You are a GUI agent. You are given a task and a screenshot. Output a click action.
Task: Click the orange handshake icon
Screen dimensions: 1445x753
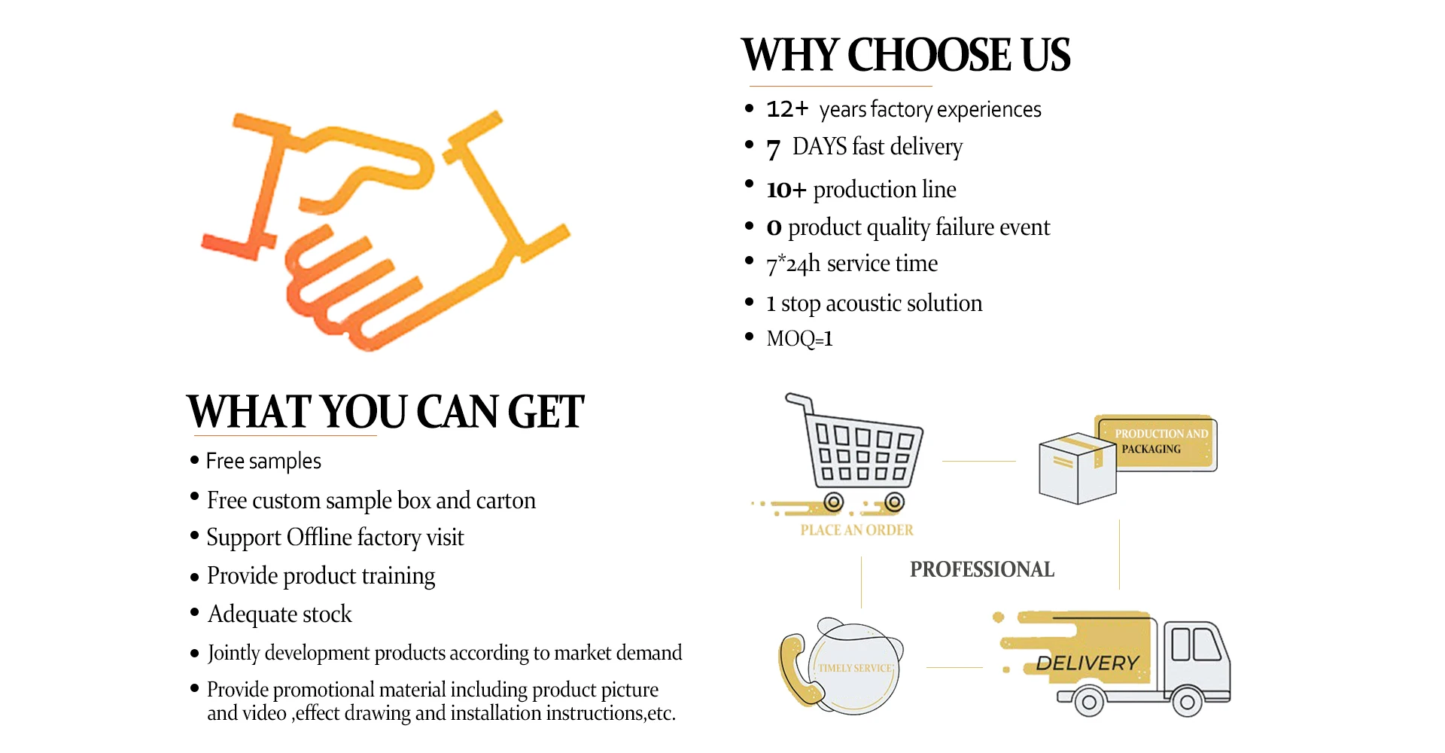384,230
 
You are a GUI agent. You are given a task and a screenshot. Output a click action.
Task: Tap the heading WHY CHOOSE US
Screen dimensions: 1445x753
905,56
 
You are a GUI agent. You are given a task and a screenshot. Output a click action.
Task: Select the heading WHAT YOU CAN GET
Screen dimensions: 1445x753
385,412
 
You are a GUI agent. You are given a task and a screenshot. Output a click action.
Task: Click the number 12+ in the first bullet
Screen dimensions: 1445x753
786,110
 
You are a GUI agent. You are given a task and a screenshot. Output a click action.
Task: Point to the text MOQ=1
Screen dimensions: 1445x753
799,339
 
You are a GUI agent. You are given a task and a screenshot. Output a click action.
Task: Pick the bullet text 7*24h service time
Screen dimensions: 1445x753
852,264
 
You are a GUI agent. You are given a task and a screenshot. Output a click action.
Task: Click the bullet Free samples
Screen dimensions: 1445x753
263,461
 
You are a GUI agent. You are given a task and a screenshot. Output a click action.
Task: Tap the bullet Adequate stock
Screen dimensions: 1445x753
279,614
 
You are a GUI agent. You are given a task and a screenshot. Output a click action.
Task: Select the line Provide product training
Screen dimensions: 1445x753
321,576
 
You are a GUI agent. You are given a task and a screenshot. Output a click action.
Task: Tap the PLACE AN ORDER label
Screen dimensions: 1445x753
856,530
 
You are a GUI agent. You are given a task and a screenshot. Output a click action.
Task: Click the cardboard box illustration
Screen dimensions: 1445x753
1076,468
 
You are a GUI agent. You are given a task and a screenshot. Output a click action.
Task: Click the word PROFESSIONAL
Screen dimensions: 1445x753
982,569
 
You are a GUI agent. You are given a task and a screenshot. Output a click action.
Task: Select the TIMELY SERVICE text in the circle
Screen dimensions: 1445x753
856,668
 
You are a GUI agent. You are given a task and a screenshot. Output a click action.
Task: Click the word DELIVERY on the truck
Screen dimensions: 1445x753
1088,663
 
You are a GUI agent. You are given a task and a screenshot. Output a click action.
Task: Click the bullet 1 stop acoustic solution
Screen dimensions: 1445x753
874,303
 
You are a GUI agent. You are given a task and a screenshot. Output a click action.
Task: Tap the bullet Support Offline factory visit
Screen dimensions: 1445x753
335,538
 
